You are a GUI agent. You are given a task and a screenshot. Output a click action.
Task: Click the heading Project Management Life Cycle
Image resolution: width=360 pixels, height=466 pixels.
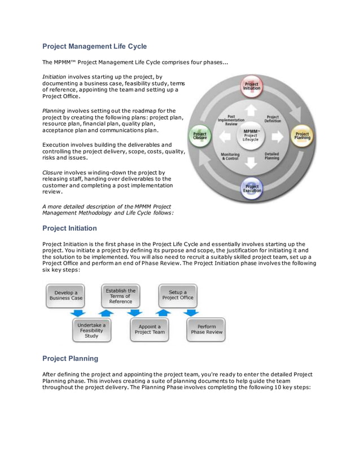[x=94, y=46]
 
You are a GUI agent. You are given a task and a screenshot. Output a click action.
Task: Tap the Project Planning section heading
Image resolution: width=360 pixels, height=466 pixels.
[x=70, y=358]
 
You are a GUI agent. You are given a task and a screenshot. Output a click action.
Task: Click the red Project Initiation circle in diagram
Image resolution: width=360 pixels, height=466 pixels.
[x=252, y=86]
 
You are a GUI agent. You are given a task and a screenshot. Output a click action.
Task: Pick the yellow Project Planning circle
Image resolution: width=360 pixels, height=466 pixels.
[x=302, y=136]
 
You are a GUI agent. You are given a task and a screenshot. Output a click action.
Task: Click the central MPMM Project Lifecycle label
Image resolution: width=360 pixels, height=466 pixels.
[x=251, y=135]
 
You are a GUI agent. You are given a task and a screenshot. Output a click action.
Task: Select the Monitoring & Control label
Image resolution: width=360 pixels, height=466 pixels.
[x=230, y=156]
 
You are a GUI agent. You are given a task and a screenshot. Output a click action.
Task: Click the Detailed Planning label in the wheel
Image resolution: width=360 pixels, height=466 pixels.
[x=271, y=156]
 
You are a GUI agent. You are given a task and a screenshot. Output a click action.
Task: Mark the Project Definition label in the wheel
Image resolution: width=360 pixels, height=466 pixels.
[x=273, y=118]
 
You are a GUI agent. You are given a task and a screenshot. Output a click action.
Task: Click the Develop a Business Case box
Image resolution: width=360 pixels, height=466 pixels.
[x=65, y=296]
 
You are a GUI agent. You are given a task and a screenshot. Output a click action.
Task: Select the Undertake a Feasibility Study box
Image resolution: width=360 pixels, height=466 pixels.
[x=91, y=331]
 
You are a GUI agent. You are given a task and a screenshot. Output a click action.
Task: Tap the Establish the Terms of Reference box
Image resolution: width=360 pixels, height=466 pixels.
[x=120, y=296]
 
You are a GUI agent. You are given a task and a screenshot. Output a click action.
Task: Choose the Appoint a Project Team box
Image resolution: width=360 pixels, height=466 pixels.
[x=150, y=329]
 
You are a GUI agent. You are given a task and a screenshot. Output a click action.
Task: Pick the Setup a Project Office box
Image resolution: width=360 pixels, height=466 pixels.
[x=178, y=295]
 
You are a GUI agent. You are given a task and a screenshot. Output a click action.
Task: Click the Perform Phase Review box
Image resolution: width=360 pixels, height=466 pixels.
[x=207, y=329]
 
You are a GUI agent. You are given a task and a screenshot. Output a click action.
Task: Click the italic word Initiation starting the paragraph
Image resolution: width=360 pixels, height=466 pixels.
[x=55, y=77]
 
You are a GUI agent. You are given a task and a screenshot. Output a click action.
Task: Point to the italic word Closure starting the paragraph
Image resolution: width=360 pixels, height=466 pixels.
[x=52, y=172]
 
